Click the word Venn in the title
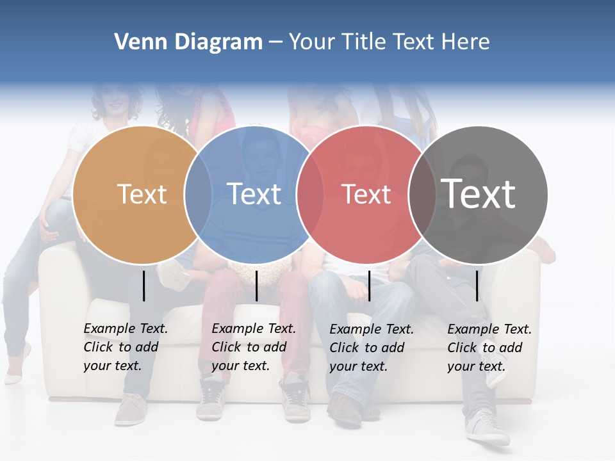135,42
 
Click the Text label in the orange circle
142,194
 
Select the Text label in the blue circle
254,194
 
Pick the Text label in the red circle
366,195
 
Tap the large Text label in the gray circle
479,193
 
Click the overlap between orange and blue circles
198,195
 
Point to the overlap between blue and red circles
310,195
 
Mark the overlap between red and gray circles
422,195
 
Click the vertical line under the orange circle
144,286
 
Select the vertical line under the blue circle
256,286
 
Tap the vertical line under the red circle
370,286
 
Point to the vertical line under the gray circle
477,286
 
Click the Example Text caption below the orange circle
126,347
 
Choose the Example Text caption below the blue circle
254,347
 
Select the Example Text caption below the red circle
372,348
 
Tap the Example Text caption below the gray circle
489,348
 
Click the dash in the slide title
275,43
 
